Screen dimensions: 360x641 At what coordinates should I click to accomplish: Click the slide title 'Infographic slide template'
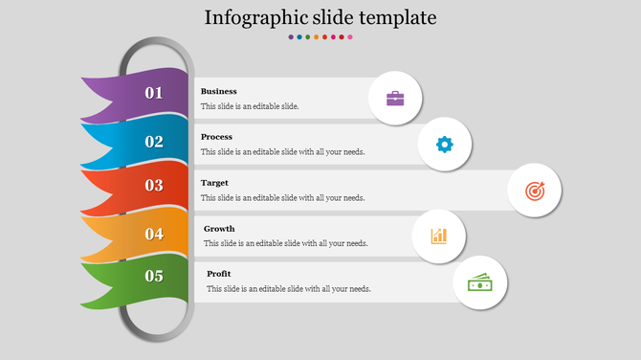pyautogui.click(x=320, y=17)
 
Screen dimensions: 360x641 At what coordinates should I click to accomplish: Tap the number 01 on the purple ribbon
pyautogui.click(x=154, y=93)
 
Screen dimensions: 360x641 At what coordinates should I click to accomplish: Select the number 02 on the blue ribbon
pyautogui.click(x=154, y=142)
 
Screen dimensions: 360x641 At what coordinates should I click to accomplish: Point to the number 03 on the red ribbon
pyautogui.click(x=154, y=186)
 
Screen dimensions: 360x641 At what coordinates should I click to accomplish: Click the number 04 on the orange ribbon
pyautogui.click(x=154, y=233)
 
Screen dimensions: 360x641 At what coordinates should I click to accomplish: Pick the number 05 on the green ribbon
pyautogui.click(x=154, y=277)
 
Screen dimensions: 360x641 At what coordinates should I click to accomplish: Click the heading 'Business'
pyautogui.click(x=219, y=91)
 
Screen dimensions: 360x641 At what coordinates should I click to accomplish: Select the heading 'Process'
pyautogui.click(x=216, y=137)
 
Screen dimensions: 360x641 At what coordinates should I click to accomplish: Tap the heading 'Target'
pyautogui.click(x=214, y=182)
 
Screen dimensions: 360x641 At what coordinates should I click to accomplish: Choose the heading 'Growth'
pyautogui.click(x=219, y=228)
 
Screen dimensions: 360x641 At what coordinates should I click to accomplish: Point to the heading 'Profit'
pyautogui.click(x=219, y=274)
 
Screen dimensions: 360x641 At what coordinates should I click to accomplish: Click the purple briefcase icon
pyautogui.click(x=395, y=98)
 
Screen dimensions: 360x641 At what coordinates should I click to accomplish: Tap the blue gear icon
pyautogui.click(x=445, y=144)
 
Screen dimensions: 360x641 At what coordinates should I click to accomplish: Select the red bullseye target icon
pyautogui.click(x=535, y=191)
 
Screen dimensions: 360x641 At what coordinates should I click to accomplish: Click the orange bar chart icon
pyautogui.click(x=439, y=236)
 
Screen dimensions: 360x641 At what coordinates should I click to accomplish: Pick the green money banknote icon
pyautogui.click(x=479, y=282)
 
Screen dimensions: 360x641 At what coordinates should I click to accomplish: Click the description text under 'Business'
pyautogui.click(x=250, y=106)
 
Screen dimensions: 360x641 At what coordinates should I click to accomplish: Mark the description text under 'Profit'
pyautogui.click(x=289, y=289)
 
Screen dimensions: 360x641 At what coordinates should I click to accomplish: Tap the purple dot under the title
pyautogui.click(x=291, y=37)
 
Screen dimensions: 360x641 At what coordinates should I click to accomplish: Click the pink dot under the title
pyautogui.click(x=350, y=37)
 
